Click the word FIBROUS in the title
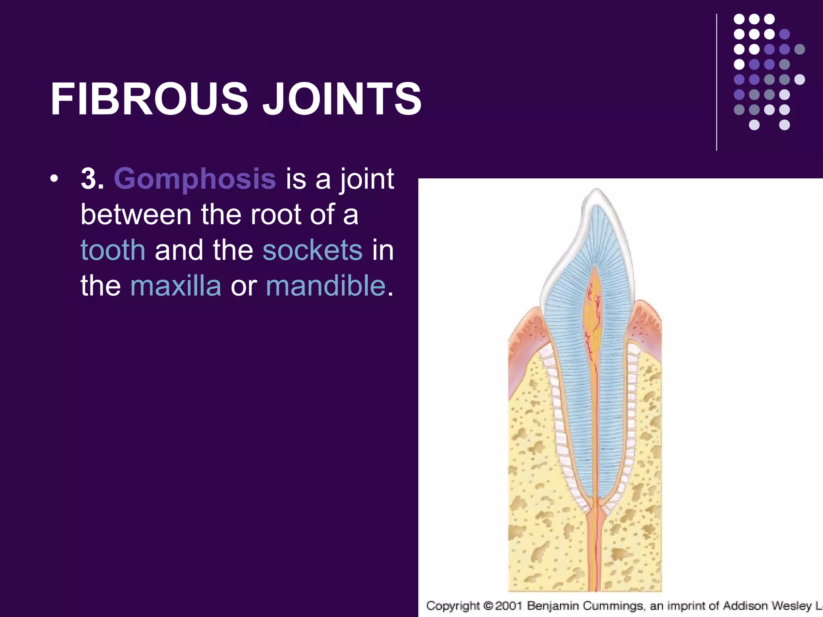pyautogui.click(x=149, y=99)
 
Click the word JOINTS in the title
pyautogui.click(x=342, y=99)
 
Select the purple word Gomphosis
pyautogui.click(x=195, y=179)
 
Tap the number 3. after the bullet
pyautogui.click(x=92, y=179)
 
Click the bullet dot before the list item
pyautogui.click(x=54, y=179)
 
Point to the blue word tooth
pyautogui.click(x=113, y=250)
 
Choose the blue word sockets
pyautogui.click(x=312, y=250)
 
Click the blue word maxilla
pyautogui.click(x=176, y=286)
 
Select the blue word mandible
pyautogui.click(x=326, y=286)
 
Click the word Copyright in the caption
pyautogui.click(x=453, y=605)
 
